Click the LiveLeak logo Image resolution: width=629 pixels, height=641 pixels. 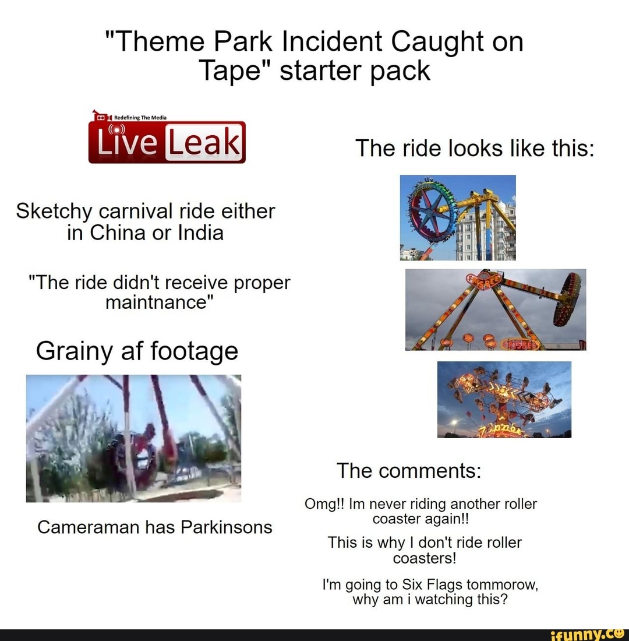[x=167, y=140]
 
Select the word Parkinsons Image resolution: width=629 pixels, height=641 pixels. [x=226, y=527]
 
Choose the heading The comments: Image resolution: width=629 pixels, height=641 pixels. [x=408, y=470]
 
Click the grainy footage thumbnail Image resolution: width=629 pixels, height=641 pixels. [x=133, y=438]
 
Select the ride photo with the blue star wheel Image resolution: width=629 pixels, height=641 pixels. [x=458, y=217]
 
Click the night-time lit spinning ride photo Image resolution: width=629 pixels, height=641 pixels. [x=504, y=399]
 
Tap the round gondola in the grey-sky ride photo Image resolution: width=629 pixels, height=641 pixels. [x=567, y=298]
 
